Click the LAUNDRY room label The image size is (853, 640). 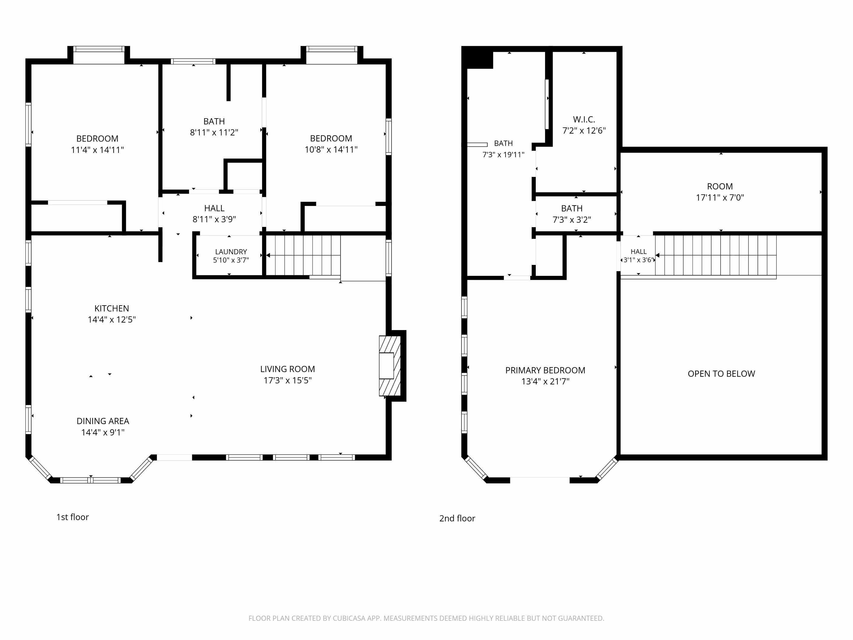pos(231,252)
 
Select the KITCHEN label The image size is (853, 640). pos(112,308)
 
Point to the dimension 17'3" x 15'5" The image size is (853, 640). pos(288,380)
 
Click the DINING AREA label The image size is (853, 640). pos(103,421)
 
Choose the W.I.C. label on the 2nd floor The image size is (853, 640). pos(584,120)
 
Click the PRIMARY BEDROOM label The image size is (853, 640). pos(545,370)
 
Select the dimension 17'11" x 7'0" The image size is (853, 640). pos(720,198)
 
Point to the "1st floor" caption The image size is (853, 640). pos(73,517)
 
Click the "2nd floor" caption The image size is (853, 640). pos(457,518)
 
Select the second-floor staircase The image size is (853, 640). pos(716,255)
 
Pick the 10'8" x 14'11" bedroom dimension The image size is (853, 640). pos(331,150)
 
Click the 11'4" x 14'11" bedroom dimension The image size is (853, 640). pos(97,150)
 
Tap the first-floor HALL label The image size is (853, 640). pos(214,208)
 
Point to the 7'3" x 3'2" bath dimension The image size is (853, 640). pos(572,220)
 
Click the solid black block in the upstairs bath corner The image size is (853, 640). pos(478,58)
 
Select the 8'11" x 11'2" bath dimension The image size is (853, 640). pos(214,132)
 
